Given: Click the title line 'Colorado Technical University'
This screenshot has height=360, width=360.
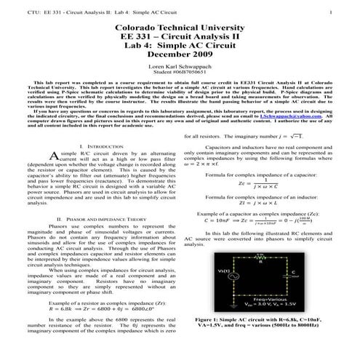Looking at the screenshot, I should [x=180, y=28].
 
